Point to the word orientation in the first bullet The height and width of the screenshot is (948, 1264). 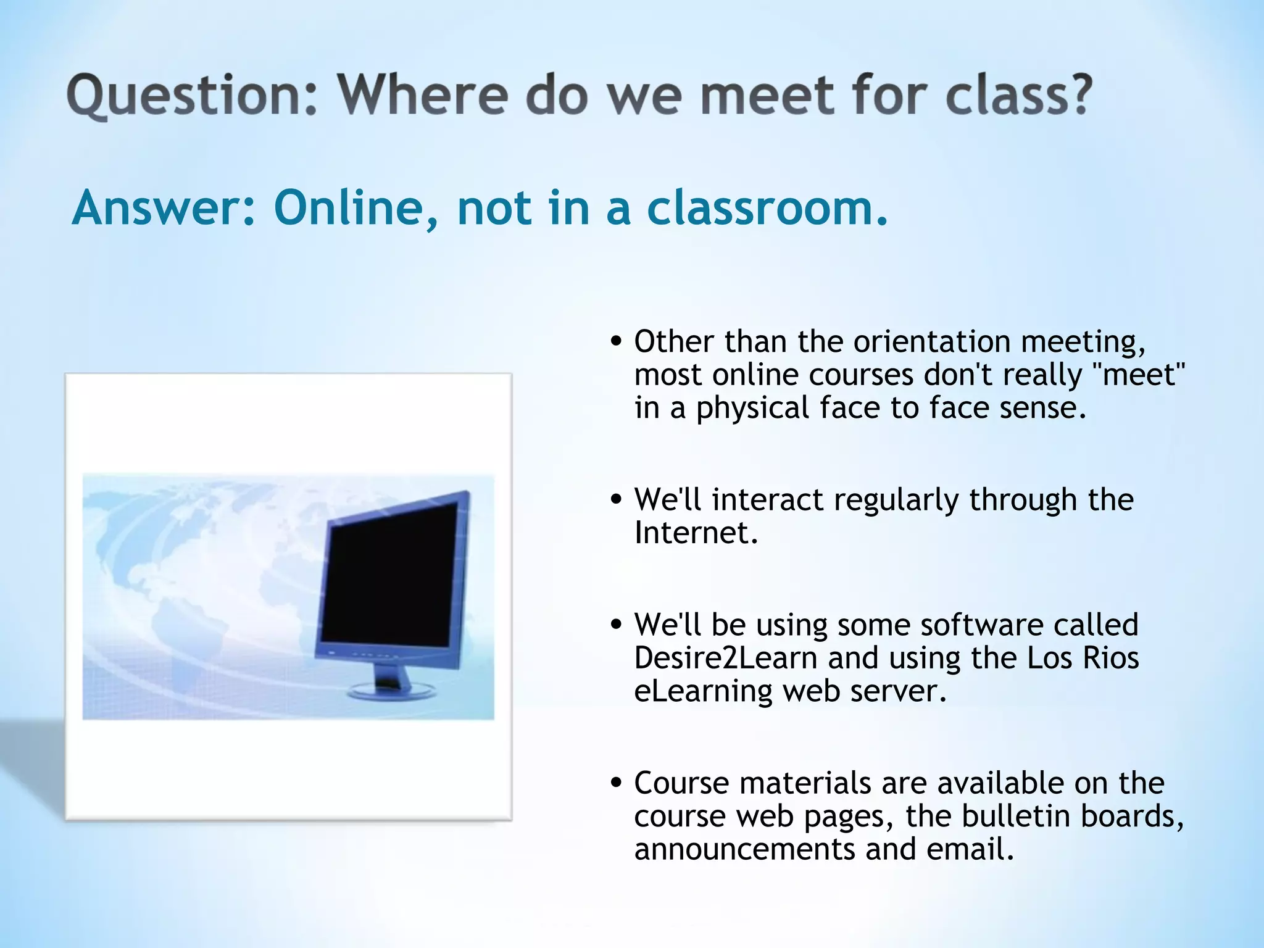coord(932,341)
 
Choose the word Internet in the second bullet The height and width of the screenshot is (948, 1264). coord(696,533)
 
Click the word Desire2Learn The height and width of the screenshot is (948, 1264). coord(726,658)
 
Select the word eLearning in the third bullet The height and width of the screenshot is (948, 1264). coord(703,691)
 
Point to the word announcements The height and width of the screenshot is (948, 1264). coord(744,849)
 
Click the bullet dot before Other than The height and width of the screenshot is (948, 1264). coord(615,342)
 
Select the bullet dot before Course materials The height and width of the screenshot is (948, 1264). coord(615,783)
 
